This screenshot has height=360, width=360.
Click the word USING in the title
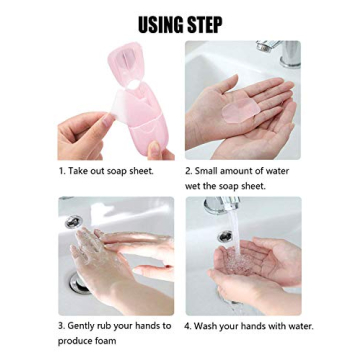[159, 24]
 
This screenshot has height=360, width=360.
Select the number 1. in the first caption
[62, 171]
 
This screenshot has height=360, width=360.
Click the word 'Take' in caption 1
[80, 171]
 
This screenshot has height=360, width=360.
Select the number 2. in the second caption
[189, 171]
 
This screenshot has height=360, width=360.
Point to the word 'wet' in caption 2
[194, 186]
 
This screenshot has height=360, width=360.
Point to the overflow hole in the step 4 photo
[225, 236]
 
